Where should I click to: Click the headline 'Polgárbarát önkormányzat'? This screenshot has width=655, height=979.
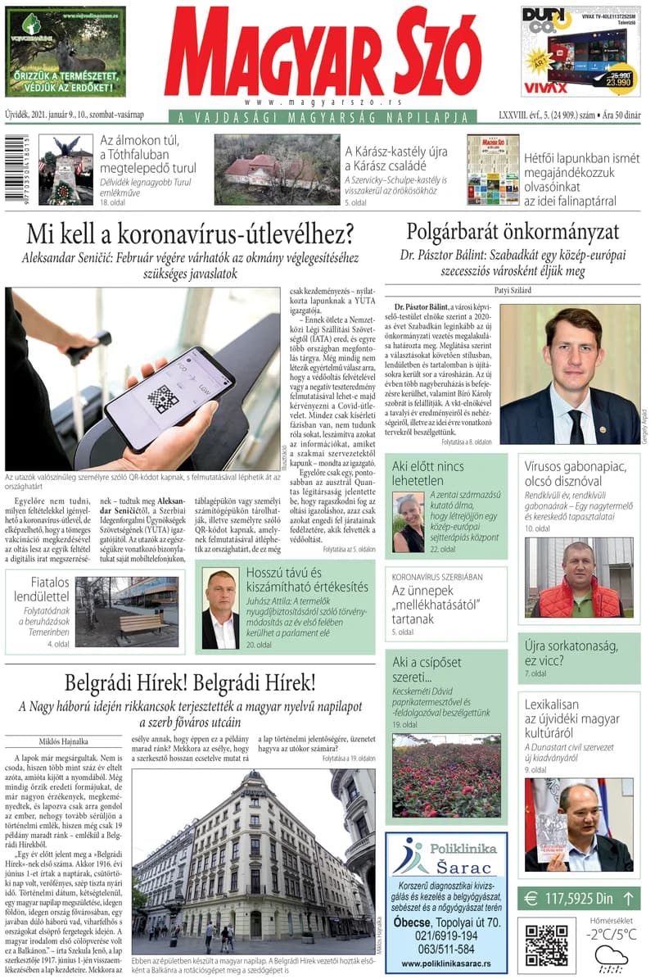point(513,231)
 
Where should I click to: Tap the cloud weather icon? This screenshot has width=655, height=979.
point(611,956)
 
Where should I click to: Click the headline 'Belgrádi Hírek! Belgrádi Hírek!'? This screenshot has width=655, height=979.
point(190,682)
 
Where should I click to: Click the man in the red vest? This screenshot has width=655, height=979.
point(578,583)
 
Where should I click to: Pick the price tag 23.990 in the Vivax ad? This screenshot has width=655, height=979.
point(618,81)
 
